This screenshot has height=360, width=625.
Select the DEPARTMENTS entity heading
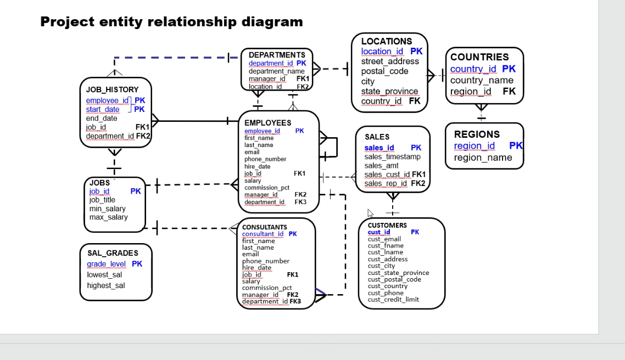coord(277,55)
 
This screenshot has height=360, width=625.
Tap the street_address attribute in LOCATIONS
coord(390,61)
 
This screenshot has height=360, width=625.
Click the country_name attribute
coord(482,80)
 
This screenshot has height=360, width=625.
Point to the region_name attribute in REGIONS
coord(483,157)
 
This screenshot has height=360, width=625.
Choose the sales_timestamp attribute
coord(392,156)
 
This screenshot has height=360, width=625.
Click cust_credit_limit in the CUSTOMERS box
coord(393,300)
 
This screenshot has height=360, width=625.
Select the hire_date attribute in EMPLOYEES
coord(258,166)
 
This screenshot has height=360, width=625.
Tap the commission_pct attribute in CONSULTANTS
coord(267,288)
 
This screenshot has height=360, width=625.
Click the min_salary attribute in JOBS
coord(107,209)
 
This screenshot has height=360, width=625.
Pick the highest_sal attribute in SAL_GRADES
coord(106,285)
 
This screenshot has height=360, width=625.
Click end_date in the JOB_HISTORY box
coord(102,119)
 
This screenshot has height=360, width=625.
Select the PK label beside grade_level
coord(137,263)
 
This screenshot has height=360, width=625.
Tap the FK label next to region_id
coord(509,91)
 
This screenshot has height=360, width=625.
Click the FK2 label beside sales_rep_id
coord(418,183)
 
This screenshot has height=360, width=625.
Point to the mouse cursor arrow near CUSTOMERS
coord(370,213)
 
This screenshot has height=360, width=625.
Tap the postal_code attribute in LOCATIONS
coord(384,71)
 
